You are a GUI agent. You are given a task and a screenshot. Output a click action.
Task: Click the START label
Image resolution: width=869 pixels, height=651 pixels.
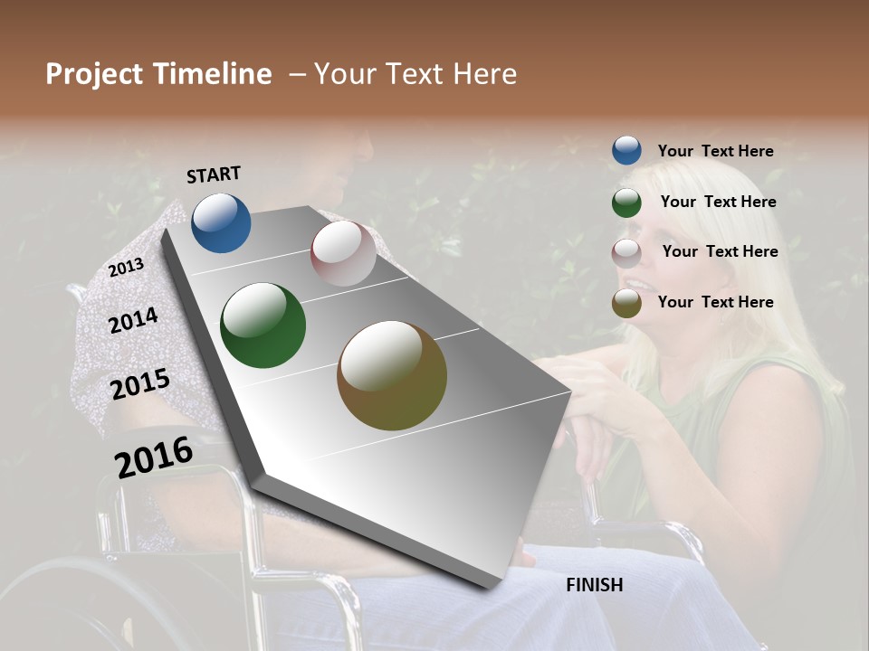(214, 175)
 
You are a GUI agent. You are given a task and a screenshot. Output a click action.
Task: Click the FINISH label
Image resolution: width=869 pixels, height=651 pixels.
(594, 585)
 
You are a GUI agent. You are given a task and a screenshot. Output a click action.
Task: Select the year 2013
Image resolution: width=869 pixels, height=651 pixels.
(126, 268)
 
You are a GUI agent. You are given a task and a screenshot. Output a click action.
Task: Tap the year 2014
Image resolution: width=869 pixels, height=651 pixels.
(134, 320)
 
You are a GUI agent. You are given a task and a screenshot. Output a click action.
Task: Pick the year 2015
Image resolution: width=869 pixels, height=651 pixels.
(140, 384)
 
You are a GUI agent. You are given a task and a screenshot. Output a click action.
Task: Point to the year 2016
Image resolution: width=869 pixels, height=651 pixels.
(154, 457)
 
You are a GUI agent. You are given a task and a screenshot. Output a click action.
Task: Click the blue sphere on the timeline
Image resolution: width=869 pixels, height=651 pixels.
(221, 222)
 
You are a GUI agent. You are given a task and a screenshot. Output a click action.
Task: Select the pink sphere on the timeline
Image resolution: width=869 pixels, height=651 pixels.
(343, 253)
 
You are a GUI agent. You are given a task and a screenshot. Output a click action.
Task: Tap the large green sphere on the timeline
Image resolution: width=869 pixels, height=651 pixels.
(263, 325)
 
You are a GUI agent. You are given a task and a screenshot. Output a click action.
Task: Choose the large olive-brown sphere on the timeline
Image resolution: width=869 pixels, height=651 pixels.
(392, 375)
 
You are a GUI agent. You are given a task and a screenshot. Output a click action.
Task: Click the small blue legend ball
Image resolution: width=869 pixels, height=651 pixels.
(626, 150)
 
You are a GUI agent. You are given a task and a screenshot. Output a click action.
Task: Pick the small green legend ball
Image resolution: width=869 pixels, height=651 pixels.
(626, 202)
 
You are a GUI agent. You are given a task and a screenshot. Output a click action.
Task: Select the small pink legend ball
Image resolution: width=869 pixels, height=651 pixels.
(626, 252)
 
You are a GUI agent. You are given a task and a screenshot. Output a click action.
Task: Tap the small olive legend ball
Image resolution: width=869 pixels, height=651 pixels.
(626, 303)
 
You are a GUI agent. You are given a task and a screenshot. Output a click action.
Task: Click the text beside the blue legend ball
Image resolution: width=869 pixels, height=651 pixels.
(715, 151)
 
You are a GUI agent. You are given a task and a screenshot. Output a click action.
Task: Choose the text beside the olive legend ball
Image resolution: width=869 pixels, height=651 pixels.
(715, 302)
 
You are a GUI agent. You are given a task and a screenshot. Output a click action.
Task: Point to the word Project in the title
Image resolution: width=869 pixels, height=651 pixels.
(94, 74)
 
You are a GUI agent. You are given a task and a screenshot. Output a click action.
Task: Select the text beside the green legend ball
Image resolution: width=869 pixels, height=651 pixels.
(718, 202)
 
